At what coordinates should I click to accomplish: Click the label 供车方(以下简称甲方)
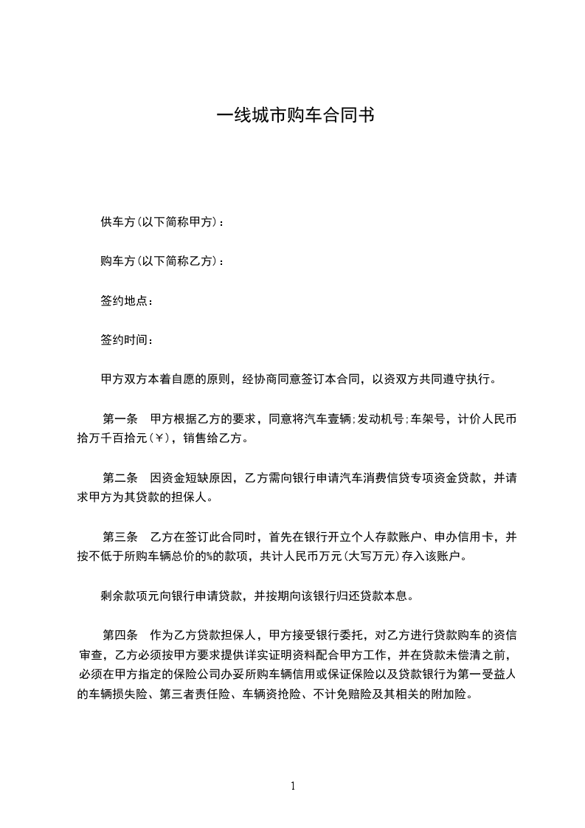click(157, 222)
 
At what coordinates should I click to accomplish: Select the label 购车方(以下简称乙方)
click(157, 261)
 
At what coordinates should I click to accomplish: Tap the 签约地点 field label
click(124, 301)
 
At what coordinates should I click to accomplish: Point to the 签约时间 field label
click(124, 340)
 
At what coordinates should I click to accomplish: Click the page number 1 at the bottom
click(293, 786)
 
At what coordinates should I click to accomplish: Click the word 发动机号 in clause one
click(383, 419)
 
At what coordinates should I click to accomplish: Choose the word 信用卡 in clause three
click(480, 536)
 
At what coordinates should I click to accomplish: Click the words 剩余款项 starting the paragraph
click(124, 595)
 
